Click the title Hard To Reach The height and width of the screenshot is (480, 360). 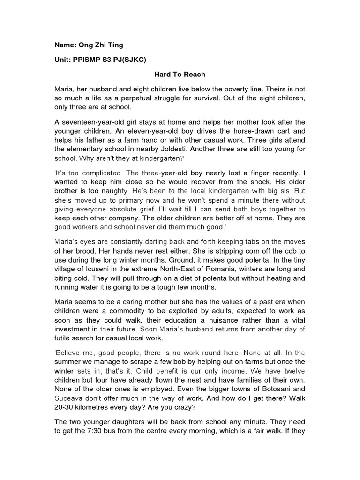pos(180,75)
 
